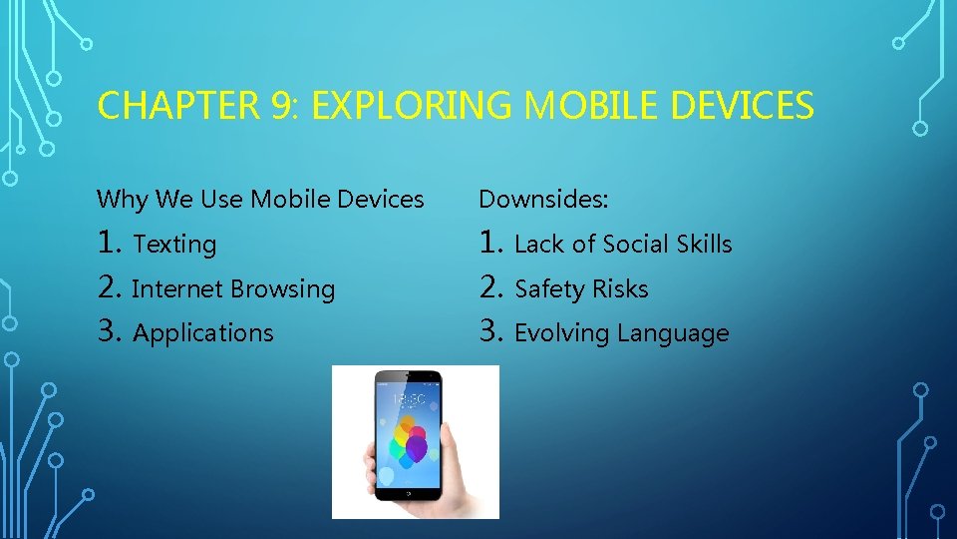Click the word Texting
coord(174,245)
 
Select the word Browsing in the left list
coord(283,289)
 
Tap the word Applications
coord(203,333)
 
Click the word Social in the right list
coord(637,245)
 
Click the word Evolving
coord(561,333)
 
